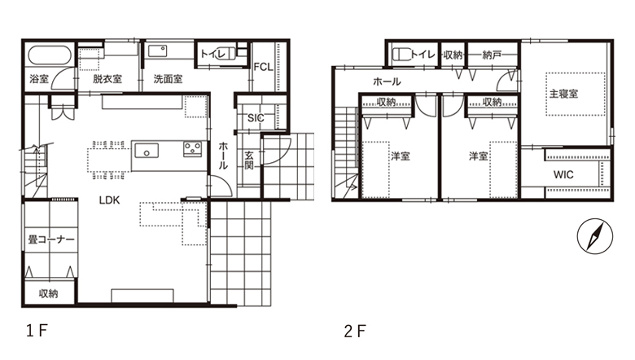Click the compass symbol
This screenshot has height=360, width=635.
tap(594, 236)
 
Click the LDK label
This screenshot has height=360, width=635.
tap(109, 200)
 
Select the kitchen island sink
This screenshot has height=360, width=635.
tap(147, 151)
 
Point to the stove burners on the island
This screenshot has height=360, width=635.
tap(192, 148)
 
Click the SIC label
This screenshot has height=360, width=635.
tap(256, 118)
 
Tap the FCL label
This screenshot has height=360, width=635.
tap(263, 68)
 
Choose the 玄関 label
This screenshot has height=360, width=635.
tap(249, 160)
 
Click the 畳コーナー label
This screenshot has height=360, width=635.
tap(51, 239)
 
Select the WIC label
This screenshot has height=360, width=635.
tap(563, 174)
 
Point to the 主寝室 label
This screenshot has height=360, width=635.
tap(563, 94)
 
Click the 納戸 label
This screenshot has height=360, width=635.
tap(492, 55)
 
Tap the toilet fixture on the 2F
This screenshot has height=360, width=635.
tap(401, 54)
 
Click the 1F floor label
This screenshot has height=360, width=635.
tap(37, 331)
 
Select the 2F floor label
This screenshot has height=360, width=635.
tap(355, 331)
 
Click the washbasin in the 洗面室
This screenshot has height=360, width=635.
tap(158, 51)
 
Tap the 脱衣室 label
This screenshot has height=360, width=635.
tap(107, 78)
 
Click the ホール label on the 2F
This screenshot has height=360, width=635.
tap(387, 81)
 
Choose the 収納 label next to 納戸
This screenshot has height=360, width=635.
tap(453, 55)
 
